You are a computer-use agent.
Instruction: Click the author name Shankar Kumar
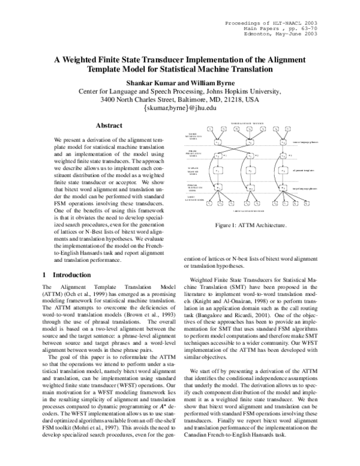tap(150, 82)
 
